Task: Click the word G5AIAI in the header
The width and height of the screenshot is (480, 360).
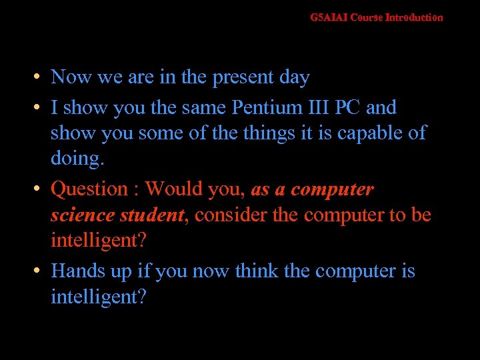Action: [x=329, y=17]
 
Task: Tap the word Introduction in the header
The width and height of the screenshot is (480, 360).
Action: [x=414, y=17]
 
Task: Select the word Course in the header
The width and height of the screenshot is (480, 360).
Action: [x=367, y=17]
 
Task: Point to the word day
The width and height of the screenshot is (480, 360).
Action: [x=294, y=78]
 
